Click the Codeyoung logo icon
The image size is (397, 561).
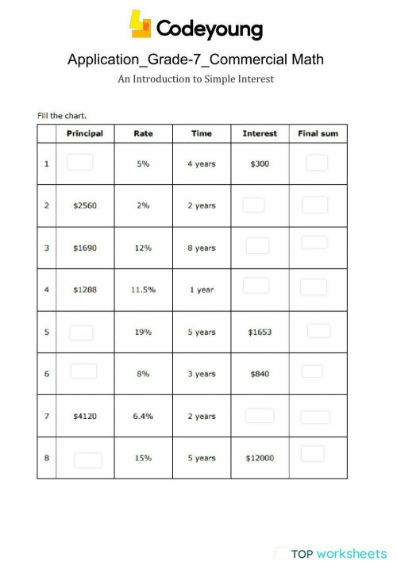pyautogui.click(x=141, y=25)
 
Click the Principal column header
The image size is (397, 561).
pyautogui.click(x=84, y=133)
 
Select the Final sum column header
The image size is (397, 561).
pyautogui.click(x=318, y=133)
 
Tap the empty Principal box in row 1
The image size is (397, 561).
pyautogui.click(x=80, y=162)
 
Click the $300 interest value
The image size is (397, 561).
pyautogui.click(x=260, y=164)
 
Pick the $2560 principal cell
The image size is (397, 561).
pyautogui.click(x=84, y=206)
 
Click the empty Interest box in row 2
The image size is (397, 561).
pyautogui.click(x=253, y=205)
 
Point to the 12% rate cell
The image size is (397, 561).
pyautogui.click(x=143, y=248)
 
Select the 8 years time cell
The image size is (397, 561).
pyautogui.click(x=202, y=248)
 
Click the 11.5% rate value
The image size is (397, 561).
pyautogui.click(x=143, y=290)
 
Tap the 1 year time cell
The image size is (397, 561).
pyautogui.click(x=202, y=290)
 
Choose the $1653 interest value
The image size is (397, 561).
pyautogui.click(x=260, y=332)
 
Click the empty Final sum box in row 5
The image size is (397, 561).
pyautogui.click(x=318, y=331)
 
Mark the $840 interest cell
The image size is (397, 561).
pyautogui.click(x=260, y=374)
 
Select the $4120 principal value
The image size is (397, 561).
pyautogui.click(x=84, y=416)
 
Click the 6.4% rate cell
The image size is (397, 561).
pyautogui.click(x=143, y=416)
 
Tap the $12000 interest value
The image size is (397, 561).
pyautogui.click(x=260, y=458)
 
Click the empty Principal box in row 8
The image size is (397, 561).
pyautogui.click(x=87, y=459)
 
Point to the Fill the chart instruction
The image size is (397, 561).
pyautogui.click(x=62, y=115)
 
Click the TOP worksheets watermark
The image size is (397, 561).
pyautogui.click(x=338, y=553)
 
